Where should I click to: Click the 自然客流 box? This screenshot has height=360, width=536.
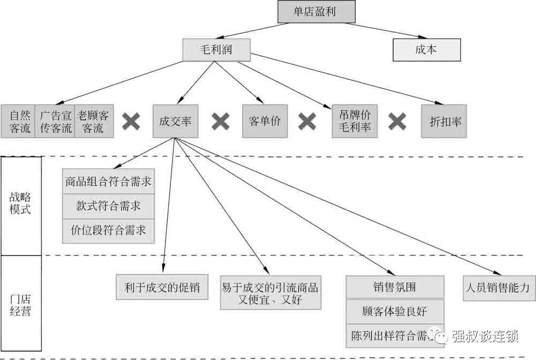click(x=18, y=122)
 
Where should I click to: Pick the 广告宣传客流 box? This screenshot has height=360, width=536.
click(x=55, y=122)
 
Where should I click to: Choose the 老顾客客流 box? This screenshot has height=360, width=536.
click(x=93, y=122)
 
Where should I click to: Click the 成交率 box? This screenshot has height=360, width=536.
click(x=175, y=122)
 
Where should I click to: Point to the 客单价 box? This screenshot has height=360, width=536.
click(x=264, y=122)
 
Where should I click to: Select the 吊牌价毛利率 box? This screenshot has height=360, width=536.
click(x=355, y=122)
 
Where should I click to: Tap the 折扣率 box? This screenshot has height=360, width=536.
click(x=445, y=122)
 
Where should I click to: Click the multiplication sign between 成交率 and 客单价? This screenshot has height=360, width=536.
click(x=220, y=122)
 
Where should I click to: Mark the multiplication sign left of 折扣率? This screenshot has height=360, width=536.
click(x=397, y=122)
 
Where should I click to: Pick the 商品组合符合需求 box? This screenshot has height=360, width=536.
click(x=108, y=183)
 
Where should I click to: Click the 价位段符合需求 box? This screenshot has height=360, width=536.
click(x=108, y=231)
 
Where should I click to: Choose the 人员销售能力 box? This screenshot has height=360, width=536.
click(x=498, y=288)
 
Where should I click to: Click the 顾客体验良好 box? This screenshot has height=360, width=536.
click(x=395, y=311)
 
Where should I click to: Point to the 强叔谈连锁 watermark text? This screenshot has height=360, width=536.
click(x=485, y=336)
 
